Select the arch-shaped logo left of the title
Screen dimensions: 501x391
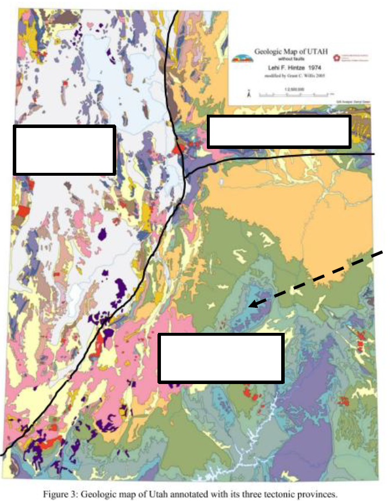pyautogui.click(x=242, y=58)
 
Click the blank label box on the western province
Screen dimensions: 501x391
pyautogui.click(x=64, y=150)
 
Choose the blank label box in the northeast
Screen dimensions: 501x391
pyautogui.click(x=279, y=131)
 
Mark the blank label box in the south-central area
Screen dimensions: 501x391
pyautogui.click(x=221, y=358)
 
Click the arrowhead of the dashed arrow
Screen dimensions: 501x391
pyautogui.click(x=250, y=304)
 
